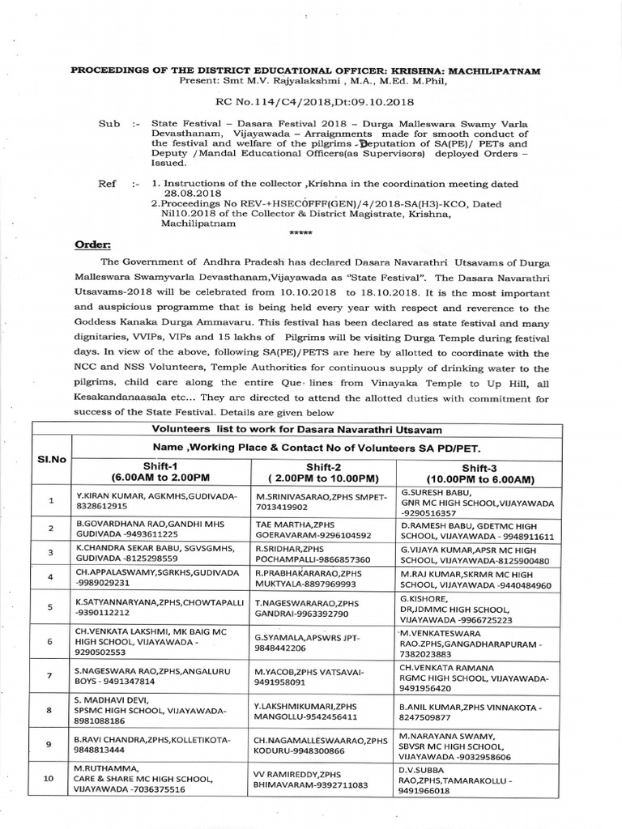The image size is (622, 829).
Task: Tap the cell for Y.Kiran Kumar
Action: point(145,500)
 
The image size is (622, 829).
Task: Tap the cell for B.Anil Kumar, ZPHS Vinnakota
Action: point(474,712)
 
